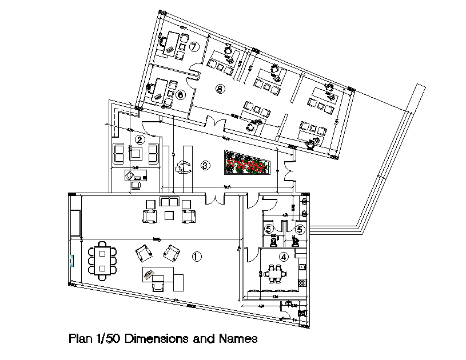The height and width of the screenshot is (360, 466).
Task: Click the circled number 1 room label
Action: [x=197, y=257]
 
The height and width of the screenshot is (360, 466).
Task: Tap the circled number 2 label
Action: [x=140, y=138]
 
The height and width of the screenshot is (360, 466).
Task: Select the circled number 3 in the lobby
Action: [x=205, y=166]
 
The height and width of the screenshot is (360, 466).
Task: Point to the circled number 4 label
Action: [x=282, y=257]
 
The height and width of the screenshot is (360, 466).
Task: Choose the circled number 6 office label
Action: [x=181, y=94]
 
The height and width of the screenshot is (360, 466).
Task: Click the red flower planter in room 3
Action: [x=247, y=163]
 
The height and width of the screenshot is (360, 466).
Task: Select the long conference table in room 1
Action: [x=102, y=260]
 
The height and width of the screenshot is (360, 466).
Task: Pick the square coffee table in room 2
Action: [x=136, y=153]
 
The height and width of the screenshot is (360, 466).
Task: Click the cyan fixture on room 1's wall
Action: [x=72, y=261]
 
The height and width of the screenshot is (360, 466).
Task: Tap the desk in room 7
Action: [x=170, y=43]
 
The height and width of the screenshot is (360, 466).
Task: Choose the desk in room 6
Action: [x=161, y=89]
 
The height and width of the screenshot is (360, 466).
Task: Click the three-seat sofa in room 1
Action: [x=169, y=202]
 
